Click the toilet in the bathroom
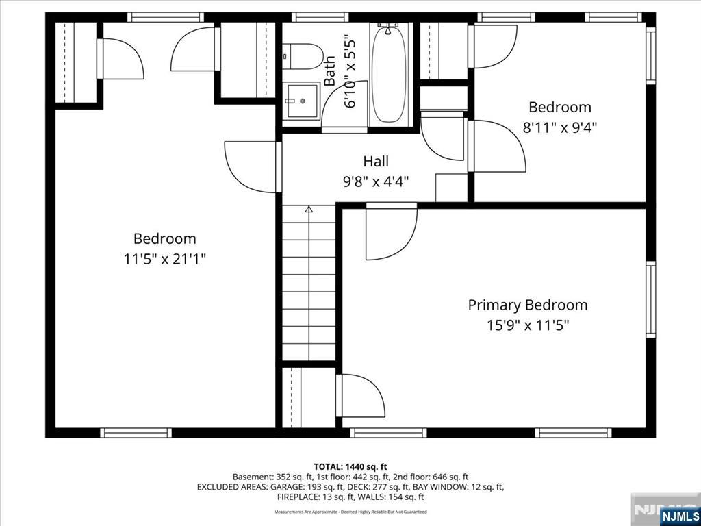[303, 56]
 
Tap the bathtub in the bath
[389, 74]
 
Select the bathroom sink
[302, 101]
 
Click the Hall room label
[376, 161]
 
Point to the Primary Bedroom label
[528, 305]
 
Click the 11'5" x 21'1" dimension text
[165, 259]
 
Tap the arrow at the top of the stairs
[309, 209]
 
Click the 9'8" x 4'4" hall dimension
[376, 181]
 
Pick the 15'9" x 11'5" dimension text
[528, 325]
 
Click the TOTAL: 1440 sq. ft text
[350, 467]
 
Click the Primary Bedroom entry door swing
[391, 231]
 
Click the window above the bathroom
[320, 17]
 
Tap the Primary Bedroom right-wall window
[650, 299]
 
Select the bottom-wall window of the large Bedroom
[136, 433]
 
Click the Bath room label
[329, 71]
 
